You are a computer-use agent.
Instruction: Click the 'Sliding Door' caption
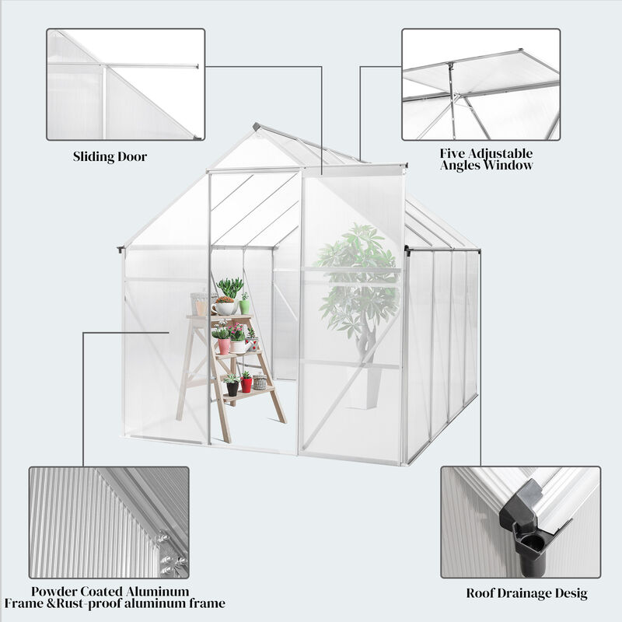point(110,157)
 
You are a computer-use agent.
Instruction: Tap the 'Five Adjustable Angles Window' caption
point(486,159)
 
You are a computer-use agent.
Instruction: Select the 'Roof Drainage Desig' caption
point(526,594)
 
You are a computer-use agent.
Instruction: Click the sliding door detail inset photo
point(126,85)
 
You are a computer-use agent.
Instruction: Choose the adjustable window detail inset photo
point(480,85)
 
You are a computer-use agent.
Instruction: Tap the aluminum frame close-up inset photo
point(109,522)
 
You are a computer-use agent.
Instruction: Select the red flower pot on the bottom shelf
point(246,384)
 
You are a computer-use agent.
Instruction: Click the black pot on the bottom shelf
point(232,388)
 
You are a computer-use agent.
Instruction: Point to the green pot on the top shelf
point(244,306)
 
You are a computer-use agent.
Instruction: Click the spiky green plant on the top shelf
point(229,288)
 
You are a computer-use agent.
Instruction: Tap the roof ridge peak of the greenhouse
point(257,125)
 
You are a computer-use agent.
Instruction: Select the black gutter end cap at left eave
point(121,250)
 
